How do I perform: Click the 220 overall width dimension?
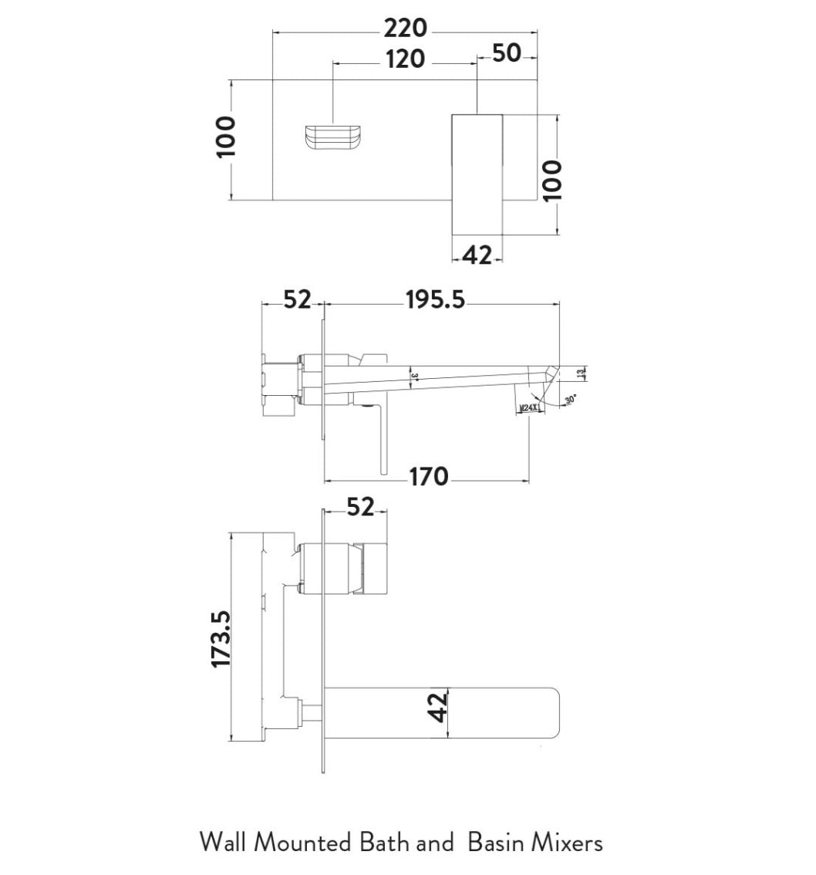point(406,29)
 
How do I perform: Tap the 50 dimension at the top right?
point(506,54)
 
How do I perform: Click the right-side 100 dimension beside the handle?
point(552,179)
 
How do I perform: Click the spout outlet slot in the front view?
point(333,139)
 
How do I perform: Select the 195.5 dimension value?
point(436,299)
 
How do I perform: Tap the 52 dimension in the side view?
point(296,299)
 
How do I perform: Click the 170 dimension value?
point(428,477)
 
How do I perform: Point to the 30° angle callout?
point(570,400)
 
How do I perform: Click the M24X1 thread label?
point(529,407)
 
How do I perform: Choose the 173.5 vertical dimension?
point(222,638)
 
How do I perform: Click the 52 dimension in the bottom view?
point(360,507)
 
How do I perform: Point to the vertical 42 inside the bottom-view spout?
point(437,707)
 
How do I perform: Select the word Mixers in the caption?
point(569,842)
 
